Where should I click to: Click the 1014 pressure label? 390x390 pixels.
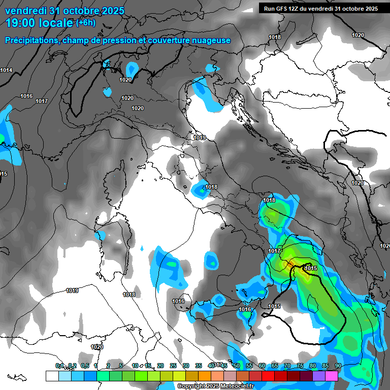coord(6,70)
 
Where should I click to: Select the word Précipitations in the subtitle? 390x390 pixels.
coord(31,40)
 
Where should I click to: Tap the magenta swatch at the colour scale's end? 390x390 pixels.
coord(332,376)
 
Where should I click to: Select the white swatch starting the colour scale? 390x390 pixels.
coord(52,376)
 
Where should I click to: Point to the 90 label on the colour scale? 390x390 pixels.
coord(338,366)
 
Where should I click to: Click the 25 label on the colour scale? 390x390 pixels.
coord(173,366)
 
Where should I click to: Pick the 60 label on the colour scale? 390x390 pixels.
coord(262,366)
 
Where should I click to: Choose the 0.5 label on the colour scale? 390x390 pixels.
coord(84,366)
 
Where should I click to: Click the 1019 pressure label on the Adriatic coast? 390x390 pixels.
coord(200,138)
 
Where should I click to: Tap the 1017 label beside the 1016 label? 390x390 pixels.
coord(42,101)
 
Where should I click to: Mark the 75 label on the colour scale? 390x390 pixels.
coord(300,366)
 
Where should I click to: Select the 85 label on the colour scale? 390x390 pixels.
coord(325,366)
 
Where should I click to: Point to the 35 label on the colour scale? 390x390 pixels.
coord(199,366)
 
